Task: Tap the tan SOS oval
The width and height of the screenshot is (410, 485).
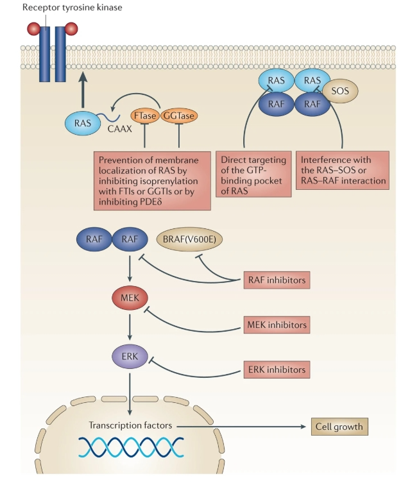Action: (x=340, y=91)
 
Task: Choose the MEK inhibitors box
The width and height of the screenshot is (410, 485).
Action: (x=277, y=325)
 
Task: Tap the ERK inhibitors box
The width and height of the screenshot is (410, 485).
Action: (x=277, y=370)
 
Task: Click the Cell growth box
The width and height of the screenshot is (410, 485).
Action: (x=339, y=426)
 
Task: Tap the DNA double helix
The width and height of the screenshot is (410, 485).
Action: (x=131, y=447)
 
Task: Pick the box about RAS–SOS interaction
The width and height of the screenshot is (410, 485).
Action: (x=344, y=169)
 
